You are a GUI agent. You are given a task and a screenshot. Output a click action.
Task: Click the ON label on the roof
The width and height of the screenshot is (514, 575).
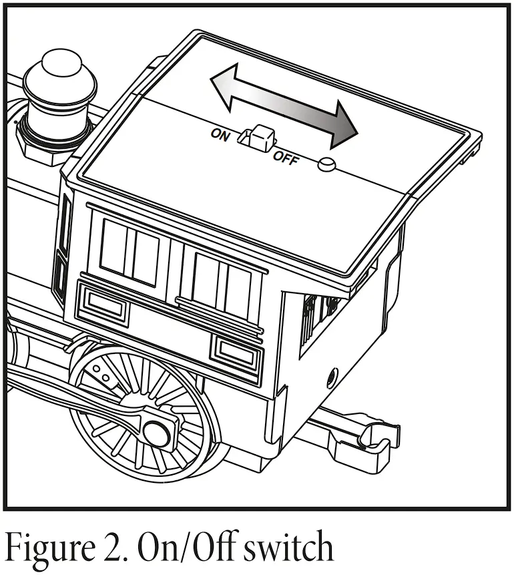click(220, 134)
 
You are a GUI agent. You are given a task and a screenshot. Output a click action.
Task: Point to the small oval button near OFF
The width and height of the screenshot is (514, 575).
click(326, 165)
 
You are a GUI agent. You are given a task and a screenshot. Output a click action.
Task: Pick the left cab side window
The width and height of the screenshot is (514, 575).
click(130, 251)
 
